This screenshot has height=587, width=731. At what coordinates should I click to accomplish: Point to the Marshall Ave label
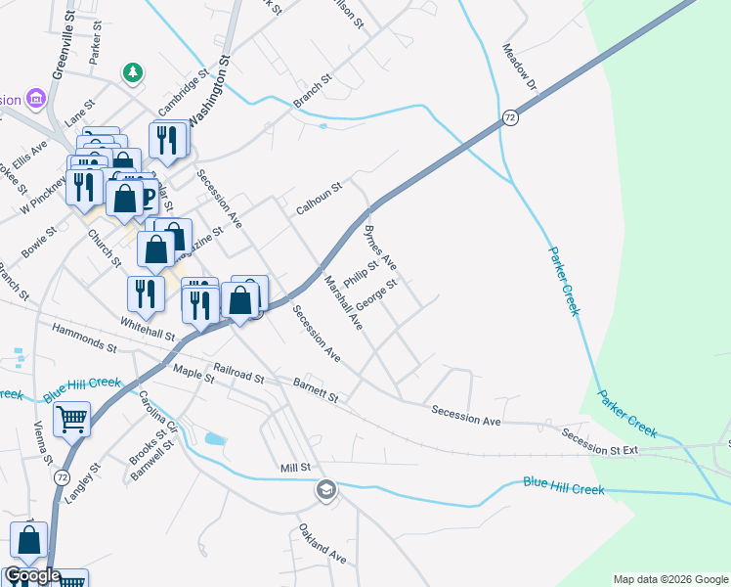click(344, 301)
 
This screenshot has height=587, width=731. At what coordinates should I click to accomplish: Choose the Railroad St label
click(238, 376)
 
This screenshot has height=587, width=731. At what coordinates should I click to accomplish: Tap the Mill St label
click(294, 469)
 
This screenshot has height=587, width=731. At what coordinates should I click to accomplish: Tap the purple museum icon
click(36, 99)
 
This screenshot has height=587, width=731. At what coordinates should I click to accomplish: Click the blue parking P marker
click(148, 197)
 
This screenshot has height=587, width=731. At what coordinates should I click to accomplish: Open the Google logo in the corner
click(31, 575)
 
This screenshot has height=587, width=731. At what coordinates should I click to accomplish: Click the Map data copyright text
click(669, 579)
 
